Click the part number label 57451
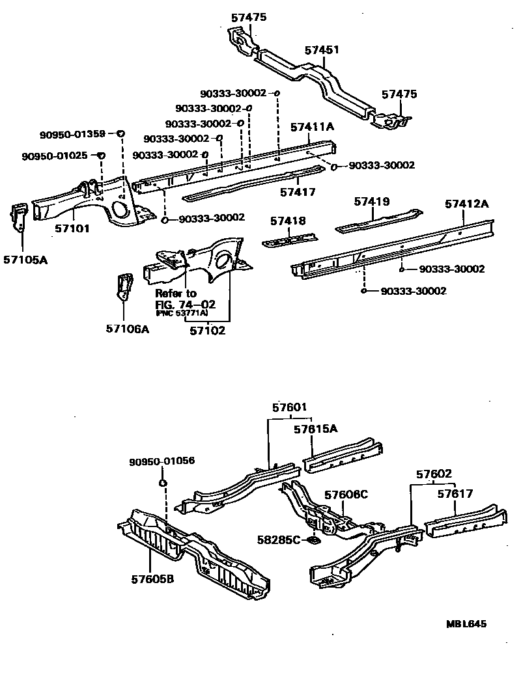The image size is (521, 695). (x=322, y=49)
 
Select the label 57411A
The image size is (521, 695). (x=312, y=127)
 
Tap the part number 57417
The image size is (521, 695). (x=298, y=192)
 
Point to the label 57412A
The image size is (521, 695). (x=467, y=204)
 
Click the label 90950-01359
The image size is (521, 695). (x=72, y=135)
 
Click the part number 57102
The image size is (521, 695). (x=207, y=330)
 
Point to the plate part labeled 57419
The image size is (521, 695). (x=377, y=220)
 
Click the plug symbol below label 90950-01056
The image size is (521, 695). (x=163, y=483)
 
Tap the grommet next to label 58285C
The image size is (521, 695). (x=313, y=539)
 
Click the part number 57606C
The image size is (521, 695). (x=346, y=495)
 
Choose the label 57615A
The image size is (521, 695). (x=315, y=429)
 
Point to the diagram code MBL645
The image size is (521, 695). (x=466, y=623)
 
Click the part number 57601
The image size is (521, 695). (x=289, y=408)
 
